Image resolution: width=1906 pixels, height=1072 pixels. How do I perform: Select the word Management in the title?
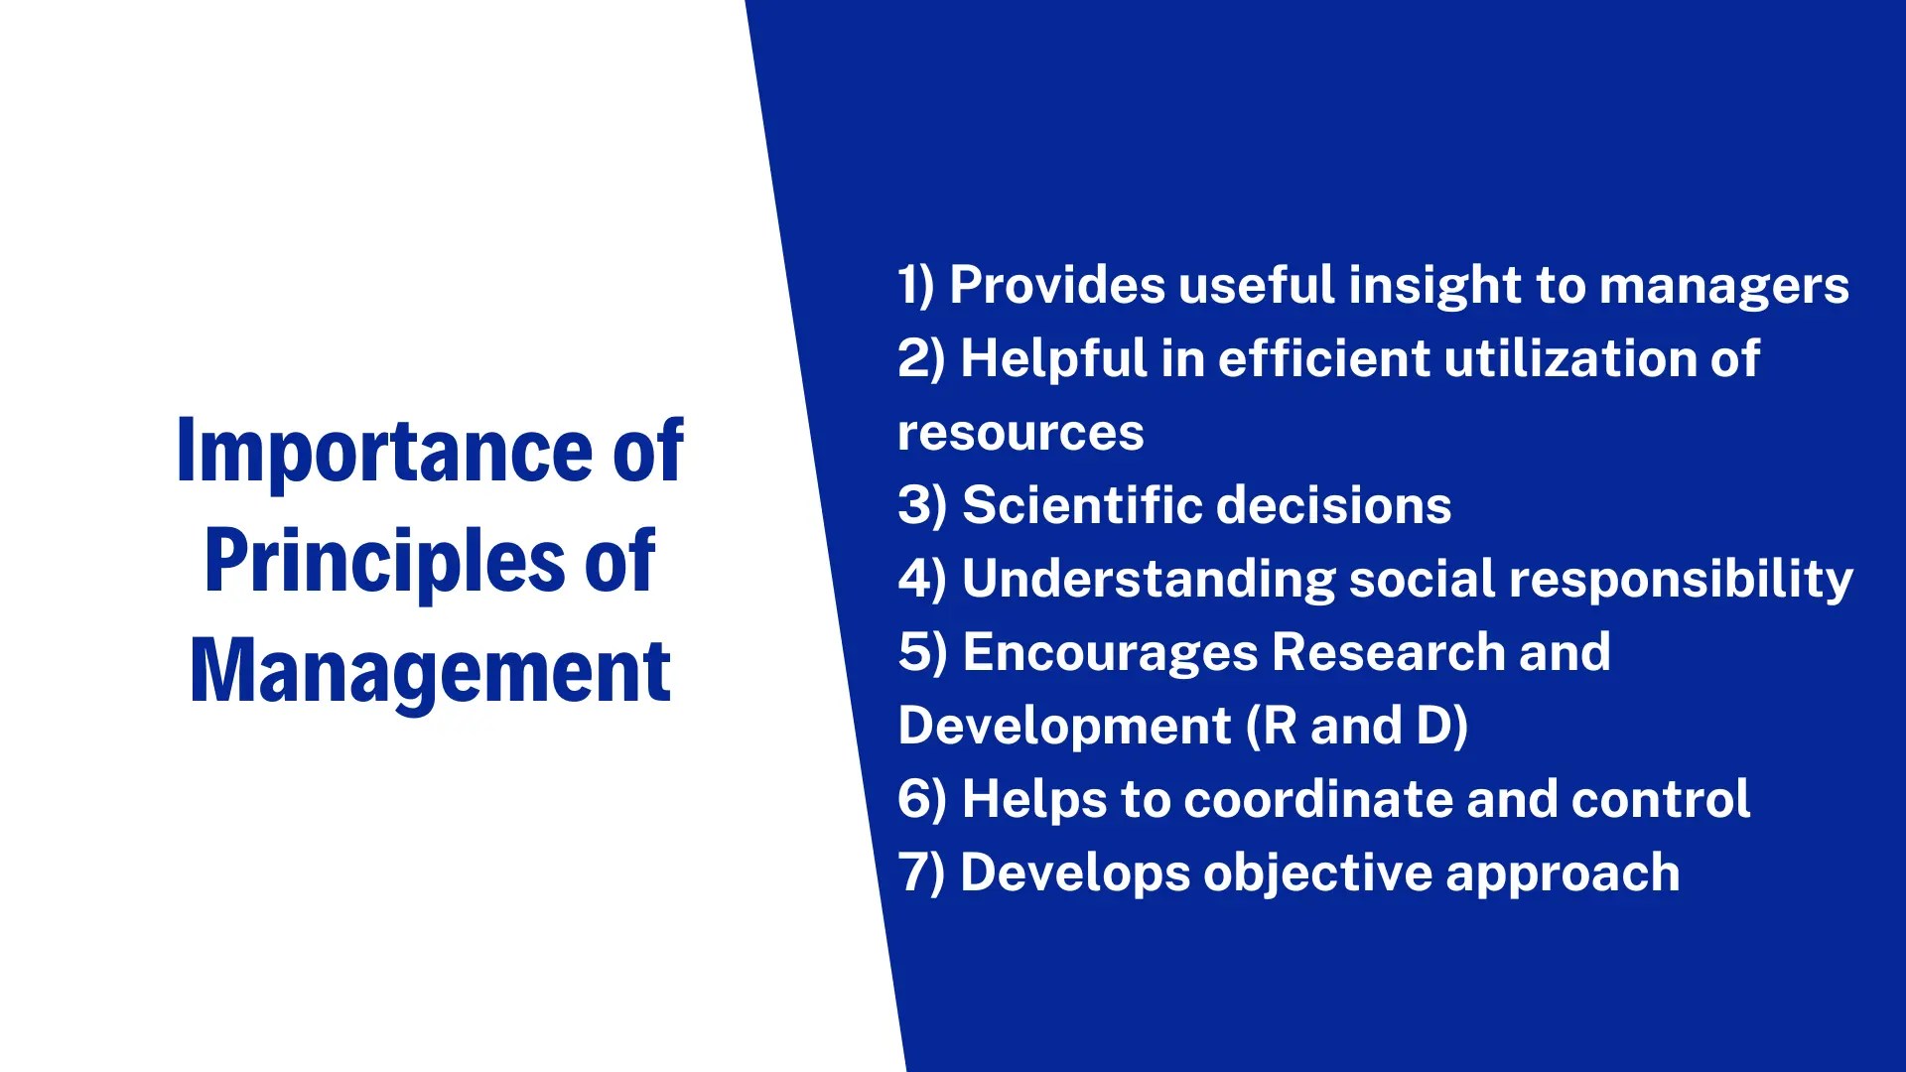tap(430, 672)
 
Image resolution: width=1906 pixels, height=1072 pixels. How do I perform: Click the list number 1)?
tap(916, 285)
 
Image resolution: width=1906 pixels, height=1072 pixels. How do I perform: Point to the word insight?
tap(1434, 287)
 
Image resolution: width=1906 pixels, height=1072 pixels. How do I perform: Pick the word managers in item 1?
tap(1724, 287)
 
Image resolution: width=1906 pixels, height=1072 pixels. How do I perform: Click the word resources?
tap(1021, 434)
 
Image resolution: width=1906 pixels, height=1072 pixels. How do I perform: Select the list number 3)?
tap(922, 505)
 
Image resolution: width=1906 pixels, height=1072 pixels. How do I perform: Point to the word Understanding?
tap(1149, 580)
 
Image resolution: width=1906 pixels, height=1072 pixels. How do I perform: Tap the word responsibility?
tap(1681, 580)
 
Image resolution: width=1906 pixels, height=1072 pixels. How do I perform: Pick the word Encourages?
tap(1110, 653)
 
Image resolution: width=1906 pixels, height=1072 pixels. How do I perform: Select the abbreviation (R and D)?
tap(1357, 726)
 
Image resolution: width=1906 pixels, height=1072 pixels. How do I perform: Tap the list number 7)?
tap(921, 872)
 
